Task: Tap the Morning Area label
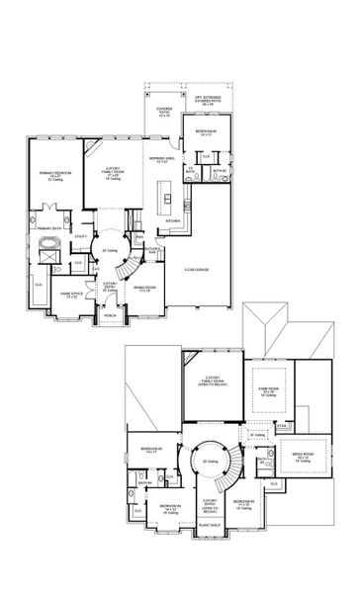tap(163, 158)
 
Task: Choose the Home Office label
tap(72, 293)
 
